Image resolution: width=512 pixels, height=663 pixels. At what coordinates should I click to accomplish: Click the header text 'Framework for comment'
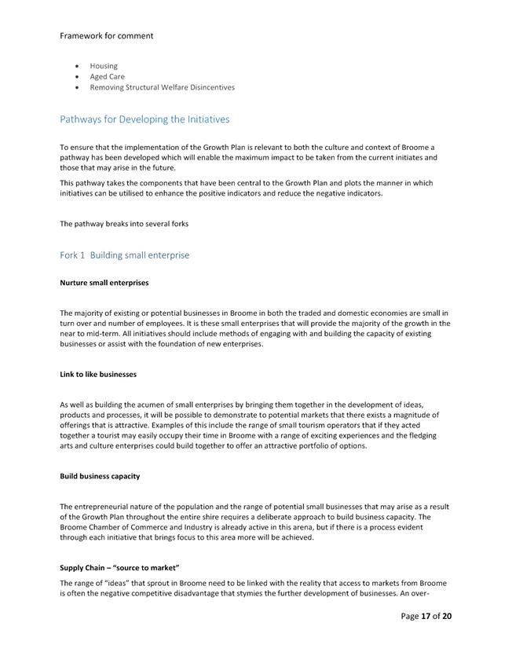point(106,35)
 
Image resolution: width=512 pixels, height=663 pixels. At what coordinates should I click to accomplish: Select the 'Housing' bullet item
point(104,66)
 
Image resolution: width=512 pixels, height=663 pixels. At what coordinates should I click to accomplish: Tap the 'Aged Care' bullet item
point(107,77)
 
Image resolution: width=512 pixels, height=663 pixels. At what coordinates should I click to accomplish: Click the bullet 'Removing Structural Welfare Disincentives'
point(162,87)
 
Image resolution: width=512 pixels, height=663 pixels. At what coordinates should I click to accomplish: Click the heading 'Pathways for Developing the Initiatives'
point(144,119)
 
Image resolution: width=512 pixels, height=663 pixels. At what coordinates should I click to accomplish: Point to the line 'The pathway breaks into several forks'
point(124,224)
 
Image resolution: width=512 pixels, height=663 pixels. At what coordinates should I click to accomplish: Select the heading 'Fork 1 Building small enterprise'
point(124,255)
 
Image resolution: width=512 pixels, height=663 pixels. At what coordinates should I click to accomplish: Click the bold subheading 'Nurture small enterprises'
point(104,283)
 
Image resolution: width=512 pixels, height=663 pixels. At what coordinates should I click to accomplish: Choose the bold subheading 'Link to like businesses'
point(98,375)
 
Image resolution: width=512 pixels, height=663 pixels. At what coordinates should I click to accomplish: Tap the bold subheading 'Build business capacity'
point(100,477)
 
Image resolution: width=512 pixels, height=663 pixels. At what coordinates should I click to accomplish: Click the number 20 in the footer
point(447,616)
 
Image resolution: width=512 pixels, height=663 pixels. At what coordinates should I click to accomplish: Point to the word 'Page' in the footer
point(410,616)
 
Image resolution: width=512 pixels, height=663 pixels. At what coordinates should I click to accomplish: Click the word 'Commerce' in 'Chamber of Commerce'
point(138,528)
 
